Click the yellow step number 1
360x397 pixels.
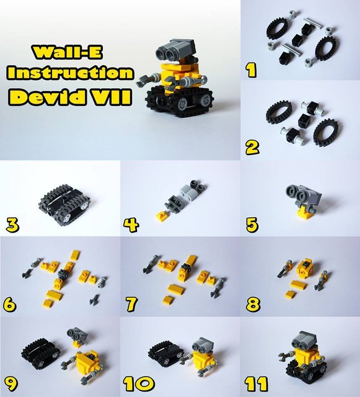pyautogui.click(x=251, y=70)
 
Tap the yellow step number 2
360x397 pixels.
pyautogui.click(x=252, y=148)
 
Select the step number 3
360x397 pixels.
pyautogui.click(x=12, y=225)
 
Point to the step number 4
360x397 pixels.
pyautogui.click(x=131, y=225)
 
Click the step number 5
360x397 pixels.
pyautogui.click(x=252, y=225)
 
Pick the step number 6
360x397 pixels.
pyautogui.click(x=10, y=305)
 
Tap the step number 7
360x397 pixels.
pyautogui.click(x=131, y=304)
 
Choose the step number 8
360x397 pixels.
pyautogui.click(x=253, y=304)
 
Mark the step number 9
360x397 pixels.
pyautogui.click(x=11, y=384)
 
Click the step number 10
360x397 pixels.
pyautogui.click(x=139, y=383)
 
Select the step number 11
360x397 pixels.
pyautogui.click(x=256, y=383)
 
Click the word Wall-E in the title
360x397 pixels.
pyautogui.click(x=68, y=53)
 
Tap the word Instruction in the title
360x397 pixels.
pyautogui.click(x=71, y=73)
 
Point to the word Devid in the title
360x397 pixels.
pyautogui.click(x=48, y=97)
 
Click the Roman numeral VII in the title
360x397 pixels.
pyautogui.click(x=110, y=97)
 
